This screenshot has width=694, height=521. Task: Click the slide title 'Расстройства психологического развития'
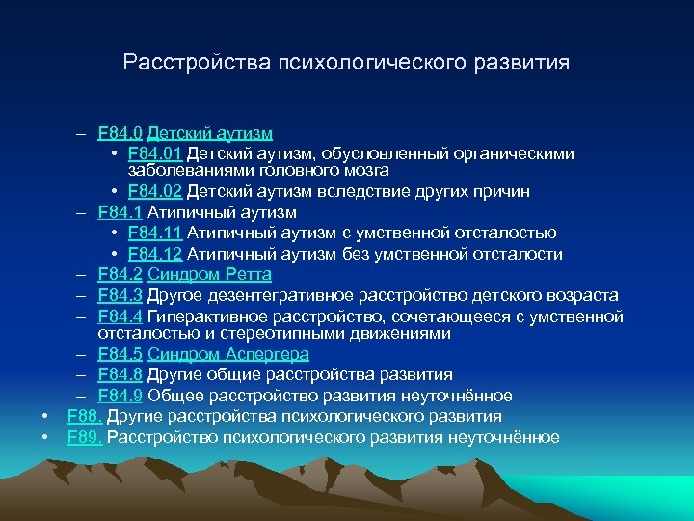point(346,63)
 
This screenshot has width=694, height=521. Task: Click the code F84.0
point(120,132)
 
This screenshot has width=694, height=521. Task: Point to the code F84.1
point(120,211)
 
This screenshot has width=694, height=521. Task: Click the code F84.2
point(120,275)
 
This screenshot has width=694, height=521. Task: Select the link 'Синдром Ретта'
point(209,275)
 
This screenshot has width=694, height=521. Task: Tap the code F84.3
point(120,295)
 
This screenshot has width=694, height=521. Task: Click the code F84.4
point(120,316)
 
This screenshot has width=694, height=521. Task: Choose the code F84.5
point(120,354)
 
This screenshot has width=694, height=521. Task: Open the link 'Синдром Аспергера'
point(228,354)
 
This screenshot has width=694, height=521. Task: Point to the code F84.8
point(120,374)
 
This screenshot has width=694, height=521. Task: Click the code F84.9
point(120,396)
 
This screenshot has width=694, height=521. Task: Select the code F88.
point(85,416)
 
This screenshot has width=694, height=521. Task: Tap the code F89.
point(85,437)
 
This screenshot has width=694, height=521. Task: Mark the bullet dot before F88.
point(45,417)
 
